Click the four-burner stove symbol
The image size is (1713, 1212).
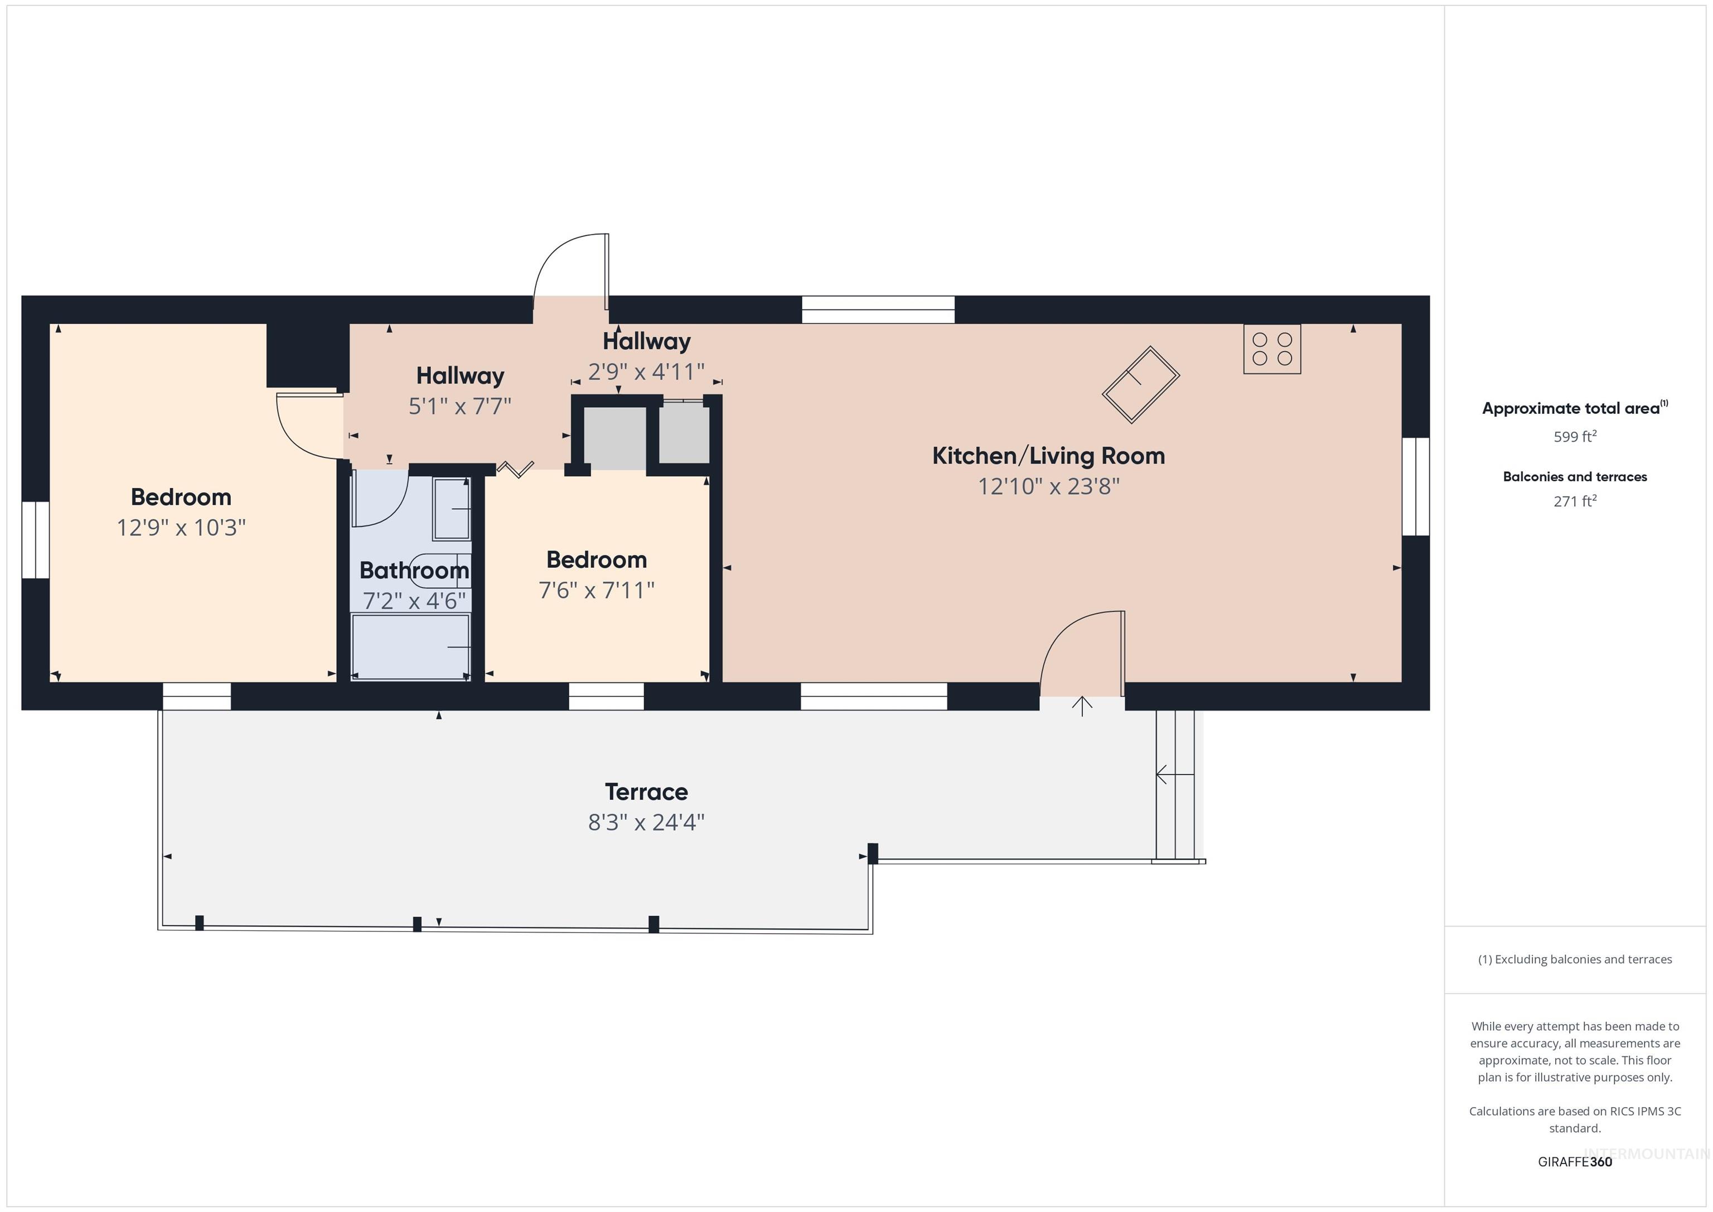click(1271, 349)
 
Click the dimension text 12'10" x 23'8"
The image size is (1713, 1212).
click(1048, 486)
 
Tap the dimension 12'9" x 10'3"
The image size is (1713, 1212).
click(181, 528)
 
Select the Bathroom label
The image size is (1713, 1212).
click(414, 570)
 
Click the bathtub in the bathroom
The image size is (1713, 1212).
click(410, 646)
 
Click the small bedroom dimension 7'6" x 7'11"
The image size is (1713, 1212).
click(596, 590)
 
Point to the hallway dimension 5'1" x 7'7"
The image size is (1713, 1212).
click(459, 406)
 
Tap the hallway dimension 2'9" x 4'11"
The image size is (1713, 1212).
click(646, 371)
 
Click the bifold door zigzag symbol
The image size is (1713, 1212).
click(516, 470)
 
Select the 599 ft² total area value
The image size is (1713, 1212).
click(1574, 437)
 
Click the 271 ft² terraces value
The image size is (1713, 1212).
click(1574, 501)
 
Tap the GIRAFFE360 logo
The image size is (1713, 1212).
click(1574, 1161)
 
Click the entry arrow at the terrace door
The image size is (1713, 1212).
click(1082, 705)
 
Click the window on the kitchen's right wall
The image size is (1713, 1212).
click(1415, 486)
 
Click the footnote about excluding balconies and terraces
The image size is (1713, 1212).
click(1574, 959)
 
